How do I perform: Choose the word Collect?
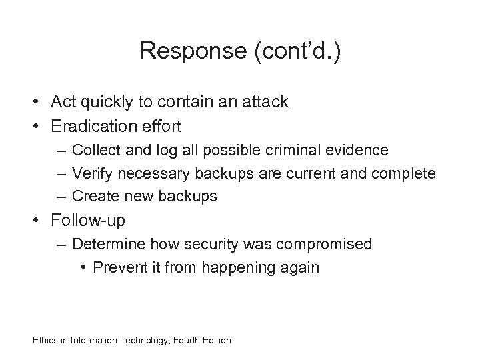(x=93, y=150)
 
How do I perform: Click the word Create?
(x=93, y=197)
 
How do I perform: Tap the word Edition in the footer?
(x=215, y=340)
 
